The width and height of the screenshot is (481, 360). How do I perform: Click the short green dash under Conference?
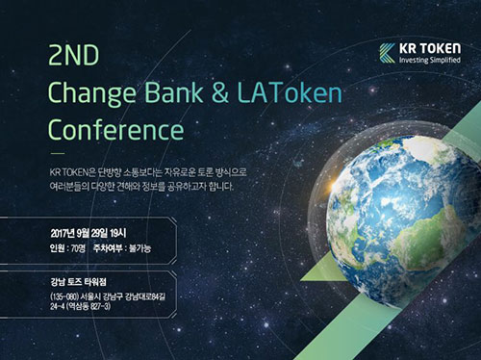click(x=57, y=153)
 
